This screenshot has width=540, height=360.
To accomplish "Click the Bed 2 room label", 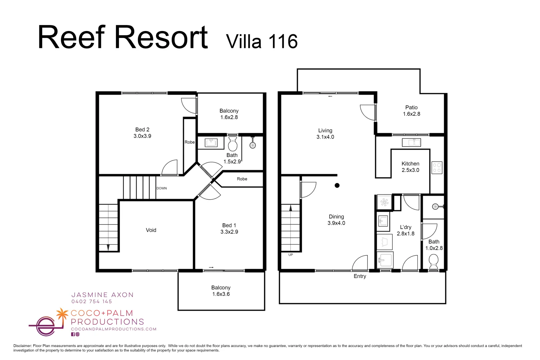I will pos(142,130).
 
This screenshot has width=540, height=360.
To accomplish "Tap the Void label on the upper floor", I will pos(151,230).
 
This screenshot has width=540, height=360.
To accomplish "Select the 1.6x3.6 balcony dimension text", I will pos(221,294).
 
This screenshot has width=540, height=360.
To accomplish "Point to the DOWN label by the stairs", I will pos(162,188).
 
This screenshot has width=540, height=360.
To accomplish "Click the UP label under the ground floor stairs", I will pos(291,255).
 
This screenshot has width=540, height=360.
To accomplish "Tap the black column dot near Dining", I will pos(337,185).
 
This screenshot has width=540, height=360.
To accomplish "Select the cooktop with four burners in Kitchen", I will pos(437,168).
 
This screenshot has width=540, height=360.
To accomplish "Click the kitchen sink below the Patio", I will pos(411,142).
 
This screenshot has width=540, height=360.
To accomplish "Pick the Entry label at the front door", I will pos(360,276).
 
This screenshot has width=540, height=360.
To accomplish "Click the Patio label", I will pos(411,107).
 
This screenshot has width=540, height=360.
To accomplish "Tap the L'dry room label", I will pos(406,227).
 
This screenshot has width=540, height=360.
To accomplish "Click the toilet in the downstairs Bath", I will pos(433,261).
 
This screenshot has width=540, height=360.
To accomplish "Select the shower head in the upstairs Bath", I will pos(253,145).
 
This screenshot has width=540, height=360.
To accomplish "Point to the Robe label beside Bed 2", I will pos(190,142).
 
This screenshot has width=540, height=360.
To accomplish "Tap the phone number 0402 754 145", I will pos(92,302).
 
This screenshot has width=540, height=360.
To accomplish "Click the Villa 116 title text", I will pos(262,42).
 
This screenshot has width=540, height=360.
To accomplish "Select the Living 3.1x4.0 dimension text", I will pos(325,137).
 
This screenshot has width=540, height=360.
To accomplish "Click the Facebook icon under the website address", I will pos(73,334).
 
